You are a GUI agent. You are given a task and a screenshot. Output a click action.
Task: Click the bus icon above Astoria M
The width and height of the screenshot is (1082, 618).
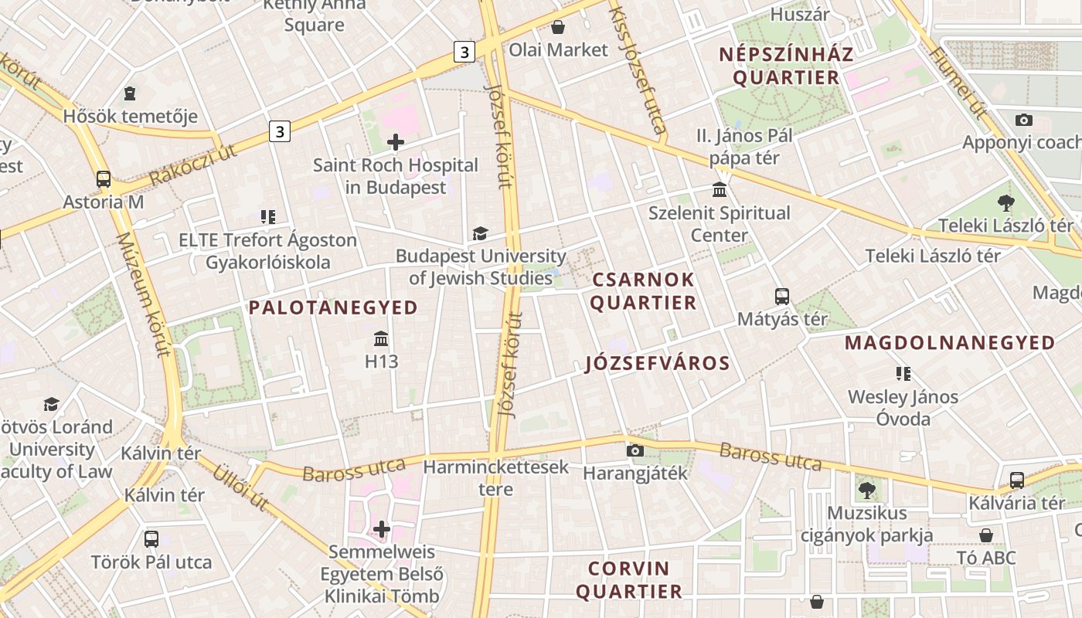tap(104, 179)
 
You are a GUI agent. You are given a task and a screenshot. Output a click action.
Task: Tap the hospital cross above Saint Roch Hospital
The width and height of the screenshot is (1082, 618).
tap(396, 142)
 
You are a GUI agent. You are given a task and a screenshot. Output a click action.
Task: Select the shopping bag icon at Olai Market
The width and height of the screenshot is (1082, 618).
tap(558, 28)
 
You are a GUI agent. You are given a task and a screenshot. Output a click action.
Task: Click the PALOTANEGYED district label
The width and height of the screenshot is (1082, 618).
tap(333, 307)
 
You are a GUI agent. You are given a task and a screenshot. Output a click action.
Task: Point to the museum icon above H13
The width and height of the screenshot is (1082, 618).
tap(381, 338)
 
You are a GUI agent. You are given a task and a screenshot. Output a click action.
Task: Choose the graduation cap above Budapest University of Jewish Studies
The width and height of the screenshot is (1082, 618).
tap(480, 233)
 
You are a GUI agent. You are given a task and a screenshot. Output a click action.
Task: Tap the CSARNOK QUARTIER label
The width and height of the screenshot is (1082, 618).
tap(644, 290)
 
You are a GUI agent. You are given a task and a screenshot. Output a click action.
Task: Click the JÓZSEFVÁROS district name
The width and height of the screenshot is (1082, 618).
tap(658, 363)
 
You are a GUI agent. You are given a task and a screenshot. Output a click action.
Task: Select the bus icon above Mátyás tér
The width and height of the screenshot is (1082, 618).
tap(782, 296)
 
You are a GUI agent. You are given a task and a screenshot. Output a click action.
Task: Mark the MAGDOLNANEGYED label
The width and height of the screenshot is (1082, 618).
tap(950, 342)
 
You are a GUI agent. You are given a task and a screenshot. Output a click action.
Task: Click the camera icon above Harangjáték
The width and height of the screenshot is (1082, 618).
tap(635, 450)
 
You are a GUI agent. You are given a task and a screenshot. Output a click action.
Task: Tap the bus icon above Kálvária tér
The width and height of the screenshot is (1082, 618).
tap(1017, 480)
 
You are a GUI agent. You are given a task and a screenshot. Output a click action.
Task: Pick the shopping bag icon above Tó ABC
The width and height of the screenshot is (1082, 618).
tap(986, 535)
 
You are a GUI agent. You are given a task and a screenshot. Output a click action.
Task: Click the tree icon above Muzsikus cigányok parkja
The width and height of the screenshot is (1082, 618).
tap(866, 490)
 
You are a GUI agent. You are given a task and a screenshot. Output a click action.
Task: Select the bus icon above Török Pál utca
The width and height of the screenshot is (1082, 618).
tap(151, 538)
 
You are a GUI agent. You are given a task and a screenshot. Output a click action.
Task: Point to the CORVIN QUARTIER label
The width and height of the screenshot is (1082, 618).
tap(629, 580)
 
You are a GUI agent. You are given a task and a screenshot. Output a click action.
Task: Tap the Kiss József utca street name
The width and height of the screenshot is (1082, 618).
tap(638, 70)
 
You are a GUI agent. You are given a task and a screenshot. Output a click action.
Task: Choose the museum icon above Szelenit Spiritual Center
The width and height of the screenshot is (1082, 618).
tap(720, 190)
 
